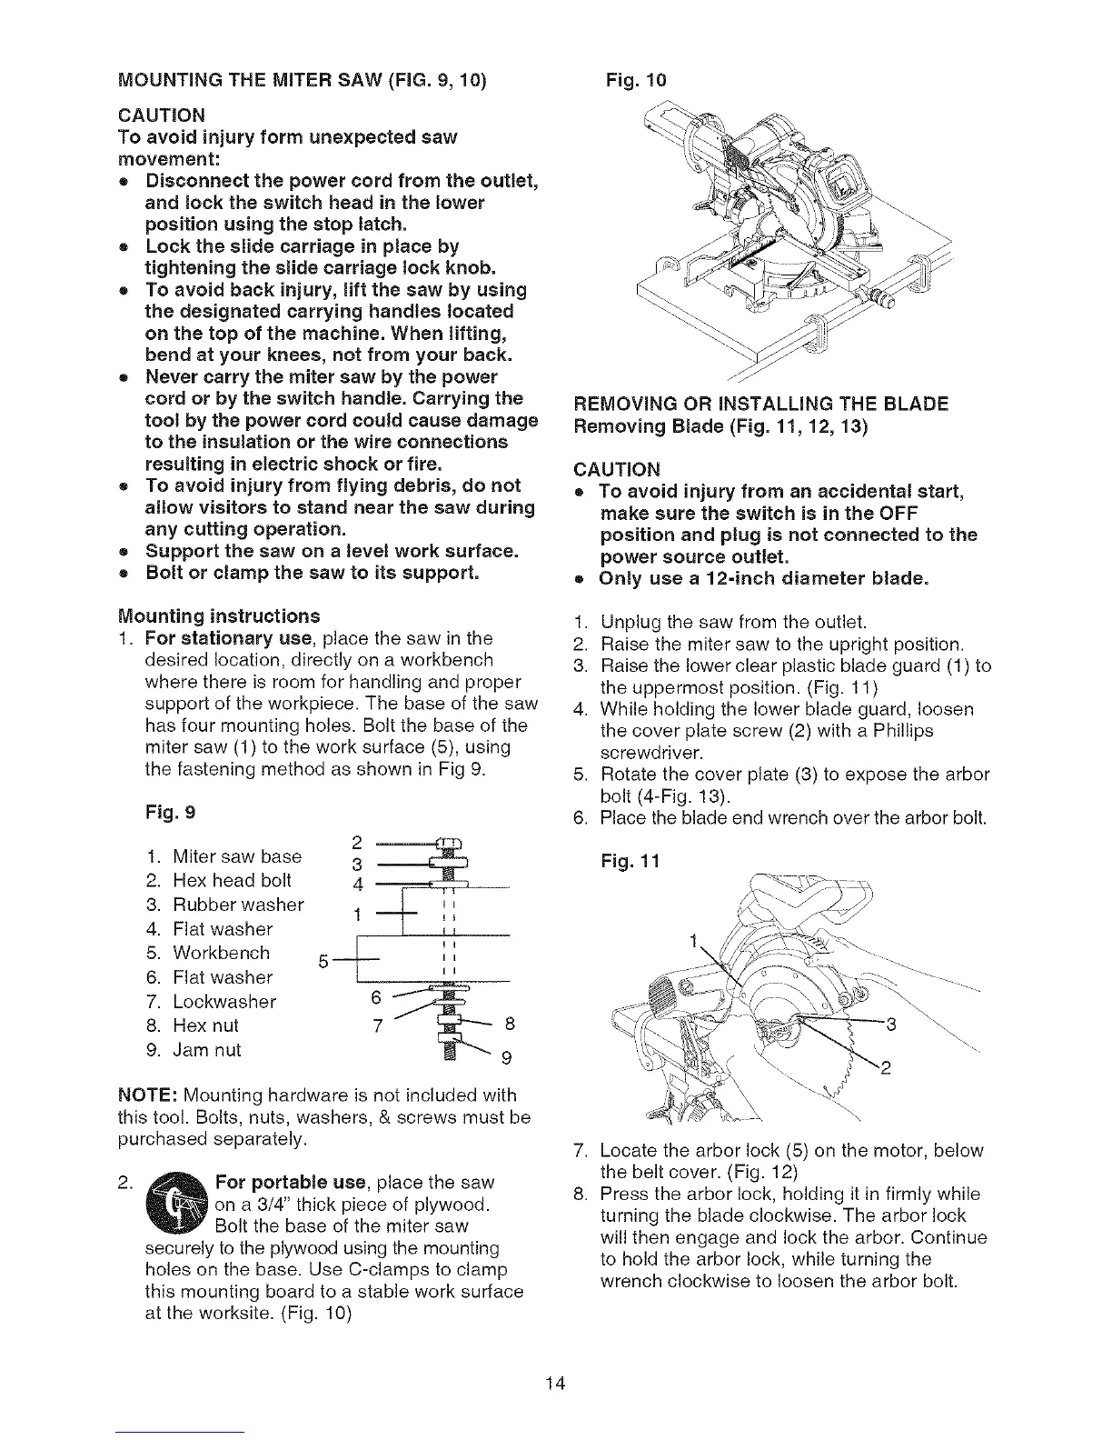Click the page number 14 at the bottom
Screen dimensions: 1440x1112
[x=556, y=1384]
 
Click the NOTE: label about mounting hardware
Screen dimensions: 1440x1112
[x=148, y=1095]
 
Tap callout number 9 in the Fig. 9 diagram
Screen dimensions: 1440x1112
[x=507, y=1057]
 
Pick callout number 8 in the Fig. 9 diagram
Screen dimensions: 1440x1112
[x=510, y=1025]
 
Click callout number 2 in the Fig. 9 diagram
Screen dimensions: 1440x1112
[x=355, y=841]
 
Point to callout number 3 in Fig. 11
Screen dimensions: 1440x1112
[x=891, y=1025]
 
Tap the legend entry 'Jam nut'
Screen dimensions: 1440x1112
[x=206, y=1050]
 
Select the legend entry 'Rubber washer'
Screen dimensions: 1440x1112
[x=237, y=905]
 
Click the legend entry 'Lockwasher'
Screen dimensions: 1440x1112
[x=223, y=1002]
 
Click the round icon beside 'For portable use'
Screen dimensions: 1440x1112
[x=181, y=1205]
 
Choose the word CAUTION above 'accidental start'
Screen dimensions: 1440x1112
[x=617, y=469]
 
